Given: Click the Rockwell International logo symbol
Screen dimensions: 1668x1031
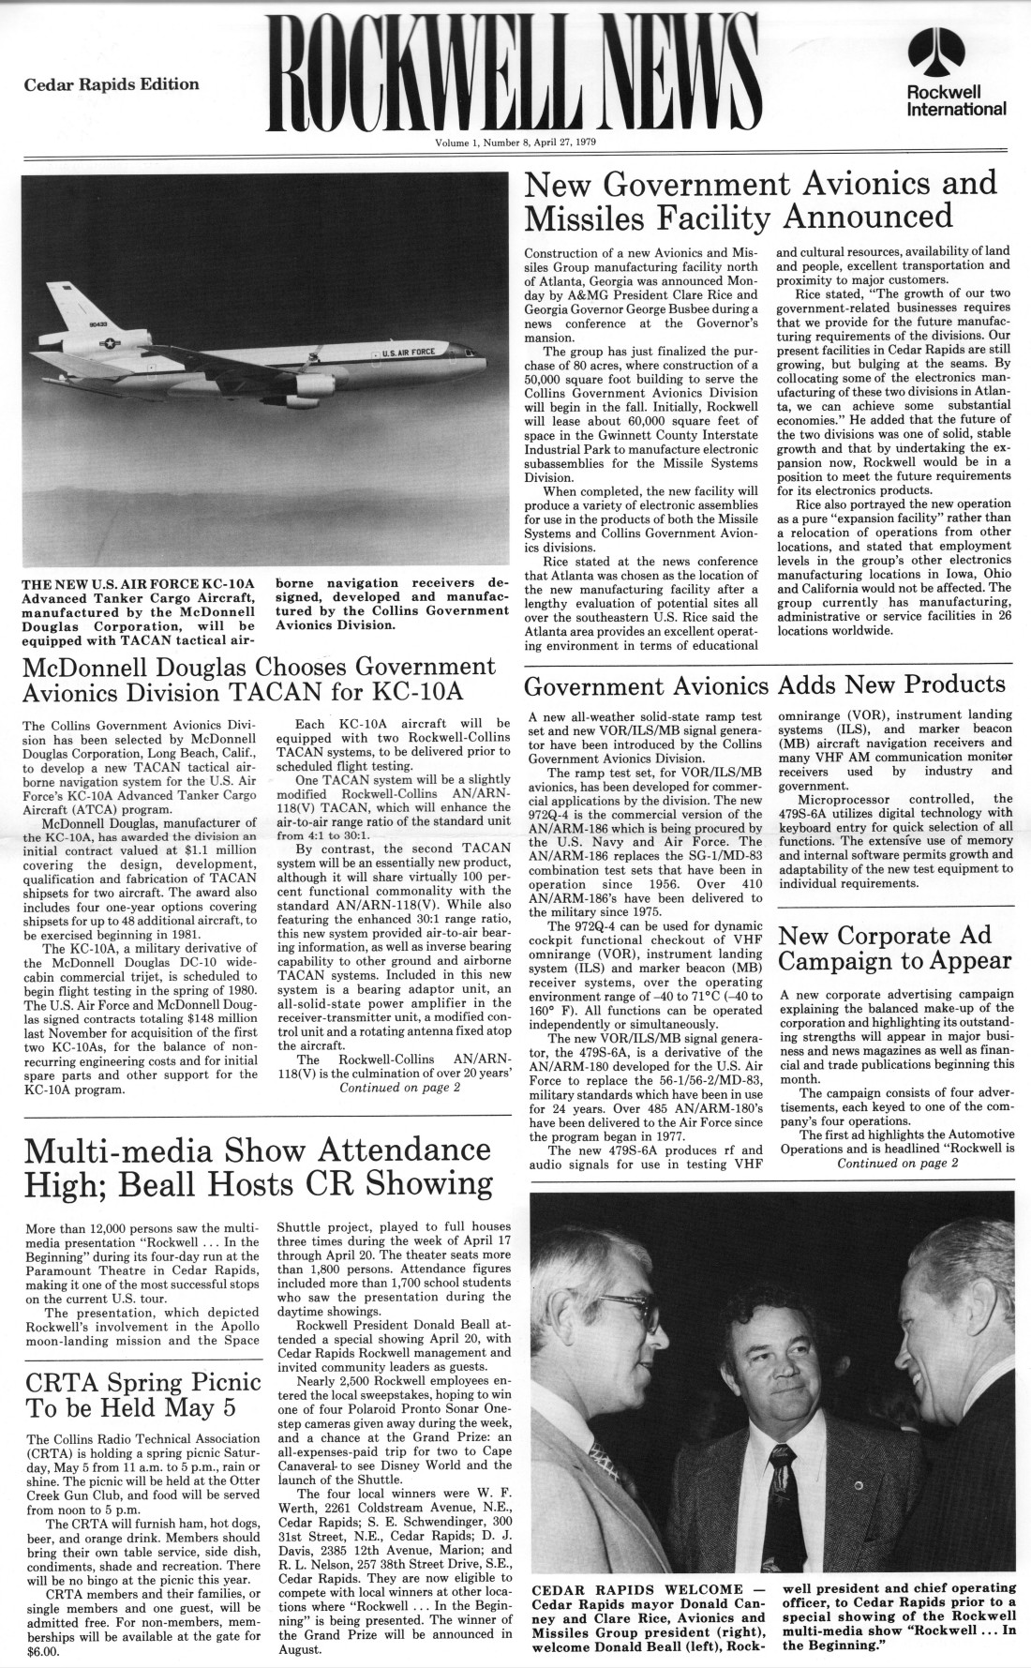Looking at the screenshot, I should pyautogui.click(x=957, y=56).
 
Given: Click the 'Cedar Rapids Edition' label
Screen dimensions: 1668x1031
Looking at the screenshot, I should pyautogui.click(x=112, y=84).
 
